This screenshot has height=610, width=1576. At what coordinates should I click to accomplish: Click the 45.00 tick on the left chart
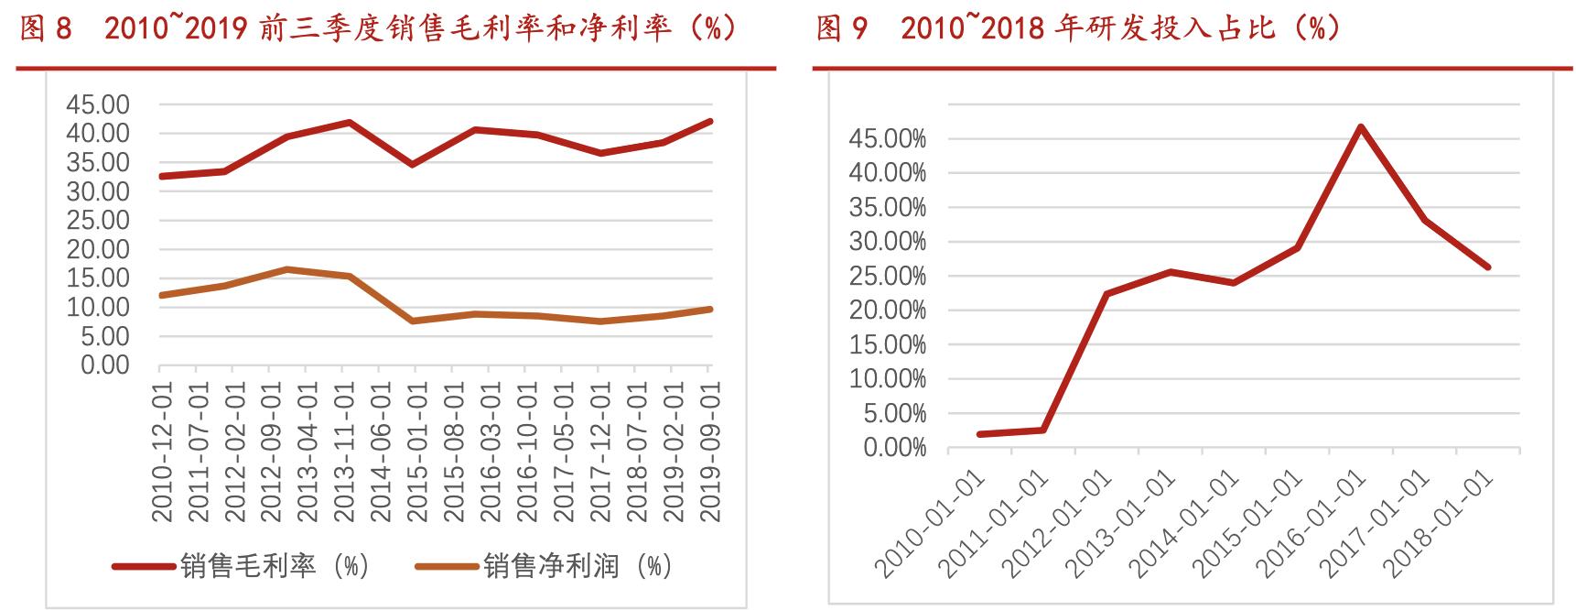[98, 104]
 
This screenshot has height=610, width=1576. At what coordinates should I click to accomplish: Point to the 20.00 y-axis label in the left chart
[98, 249]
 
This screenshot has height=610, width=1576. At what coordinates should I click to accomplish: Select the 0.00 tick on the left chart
[105, 365]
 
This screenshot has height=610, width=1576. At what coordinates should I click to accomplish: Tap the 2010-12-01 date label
[162, 452]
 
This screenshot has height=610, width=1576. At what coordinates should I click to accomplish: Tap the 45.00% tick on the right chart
[888, 139]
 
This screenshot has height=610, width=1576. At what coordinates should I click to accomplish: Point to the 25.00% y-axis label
[888, 277]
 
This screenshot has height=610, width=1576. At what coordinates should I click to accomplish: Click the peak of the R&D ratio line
[1361, 126]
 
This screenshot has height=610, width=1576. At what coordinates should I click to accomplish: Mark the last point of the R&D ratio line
[1487, 267]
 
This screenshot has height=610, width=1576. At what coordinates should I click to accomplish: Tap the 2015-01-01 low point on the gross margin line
[414, 165]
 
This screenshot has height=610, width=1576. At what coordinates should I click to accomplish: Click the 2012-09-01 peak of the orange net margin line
[286, 269]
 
